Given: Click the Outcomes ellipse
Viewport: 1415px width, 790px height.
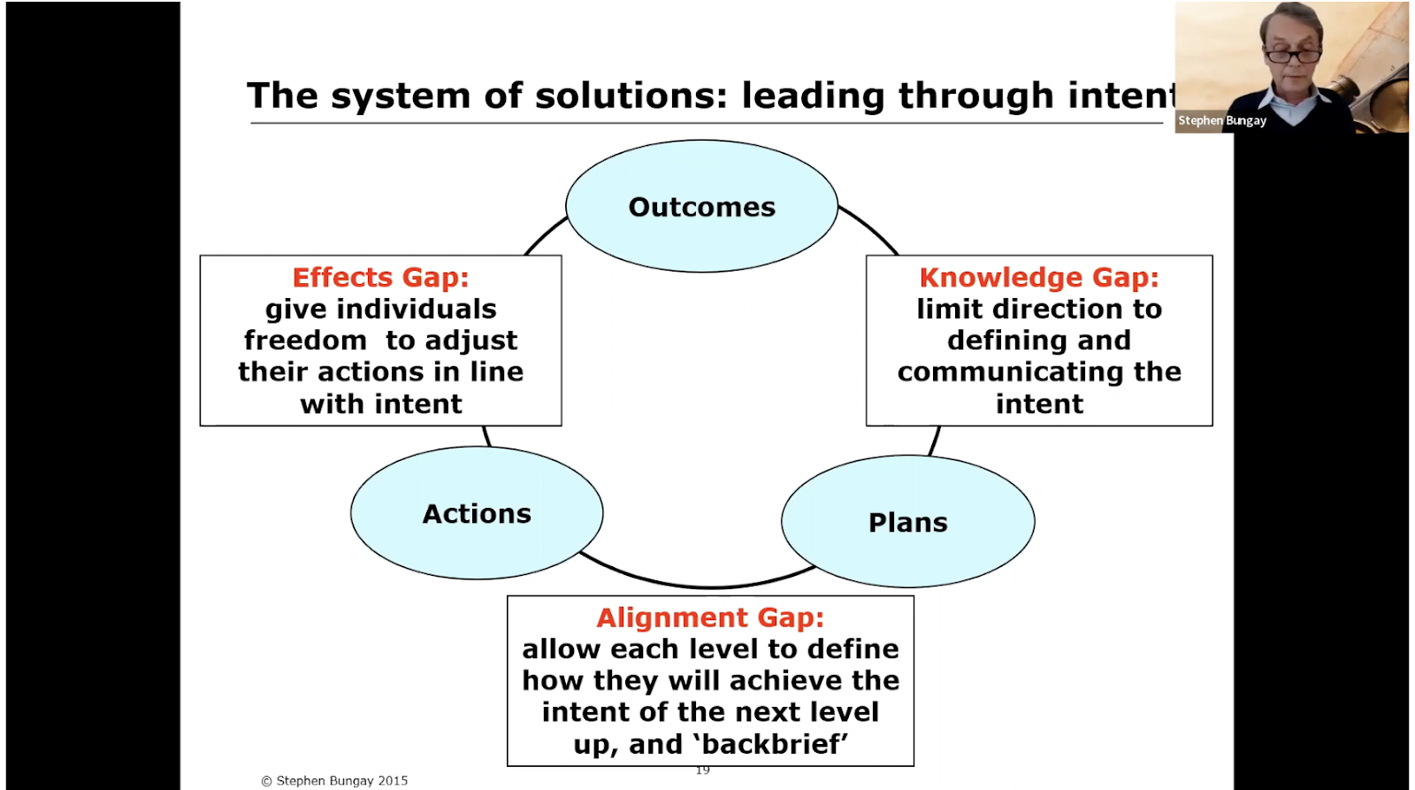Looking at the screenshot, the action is [701, 206].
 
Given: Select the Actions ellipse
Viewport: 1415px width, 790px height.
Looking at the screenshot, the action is [477, 513].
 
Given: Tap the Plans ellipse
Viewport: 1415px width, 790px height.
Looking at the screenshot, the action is [907, 522].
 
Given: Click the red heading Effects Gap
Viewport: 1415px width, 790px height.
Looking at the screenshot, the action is [380, 277].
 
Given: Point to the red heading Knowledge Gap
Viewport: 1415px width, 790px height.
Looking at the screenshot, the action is [1038, 277].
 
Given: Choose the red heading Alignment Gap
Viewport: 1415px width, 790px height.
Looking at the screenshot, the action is [710, 617].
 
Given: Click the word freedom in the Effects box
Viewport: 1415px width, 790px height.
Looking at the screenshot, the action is [305, 341].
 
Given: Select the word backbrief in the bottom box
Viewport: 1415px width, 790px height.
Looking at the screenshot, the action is [773, 744].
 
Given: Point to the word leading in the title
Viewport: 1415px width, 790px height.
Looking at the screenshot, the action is [813, 96].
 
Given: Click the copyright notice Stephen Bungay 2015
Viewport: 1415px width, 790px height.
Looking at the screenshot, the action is [334, 780].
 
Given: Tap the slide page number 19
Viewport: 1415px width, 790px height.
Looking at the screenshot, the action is [702, 771].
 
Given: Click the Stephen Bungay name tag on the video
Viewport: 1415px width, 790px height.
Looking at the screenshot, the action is [1221, 120].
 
